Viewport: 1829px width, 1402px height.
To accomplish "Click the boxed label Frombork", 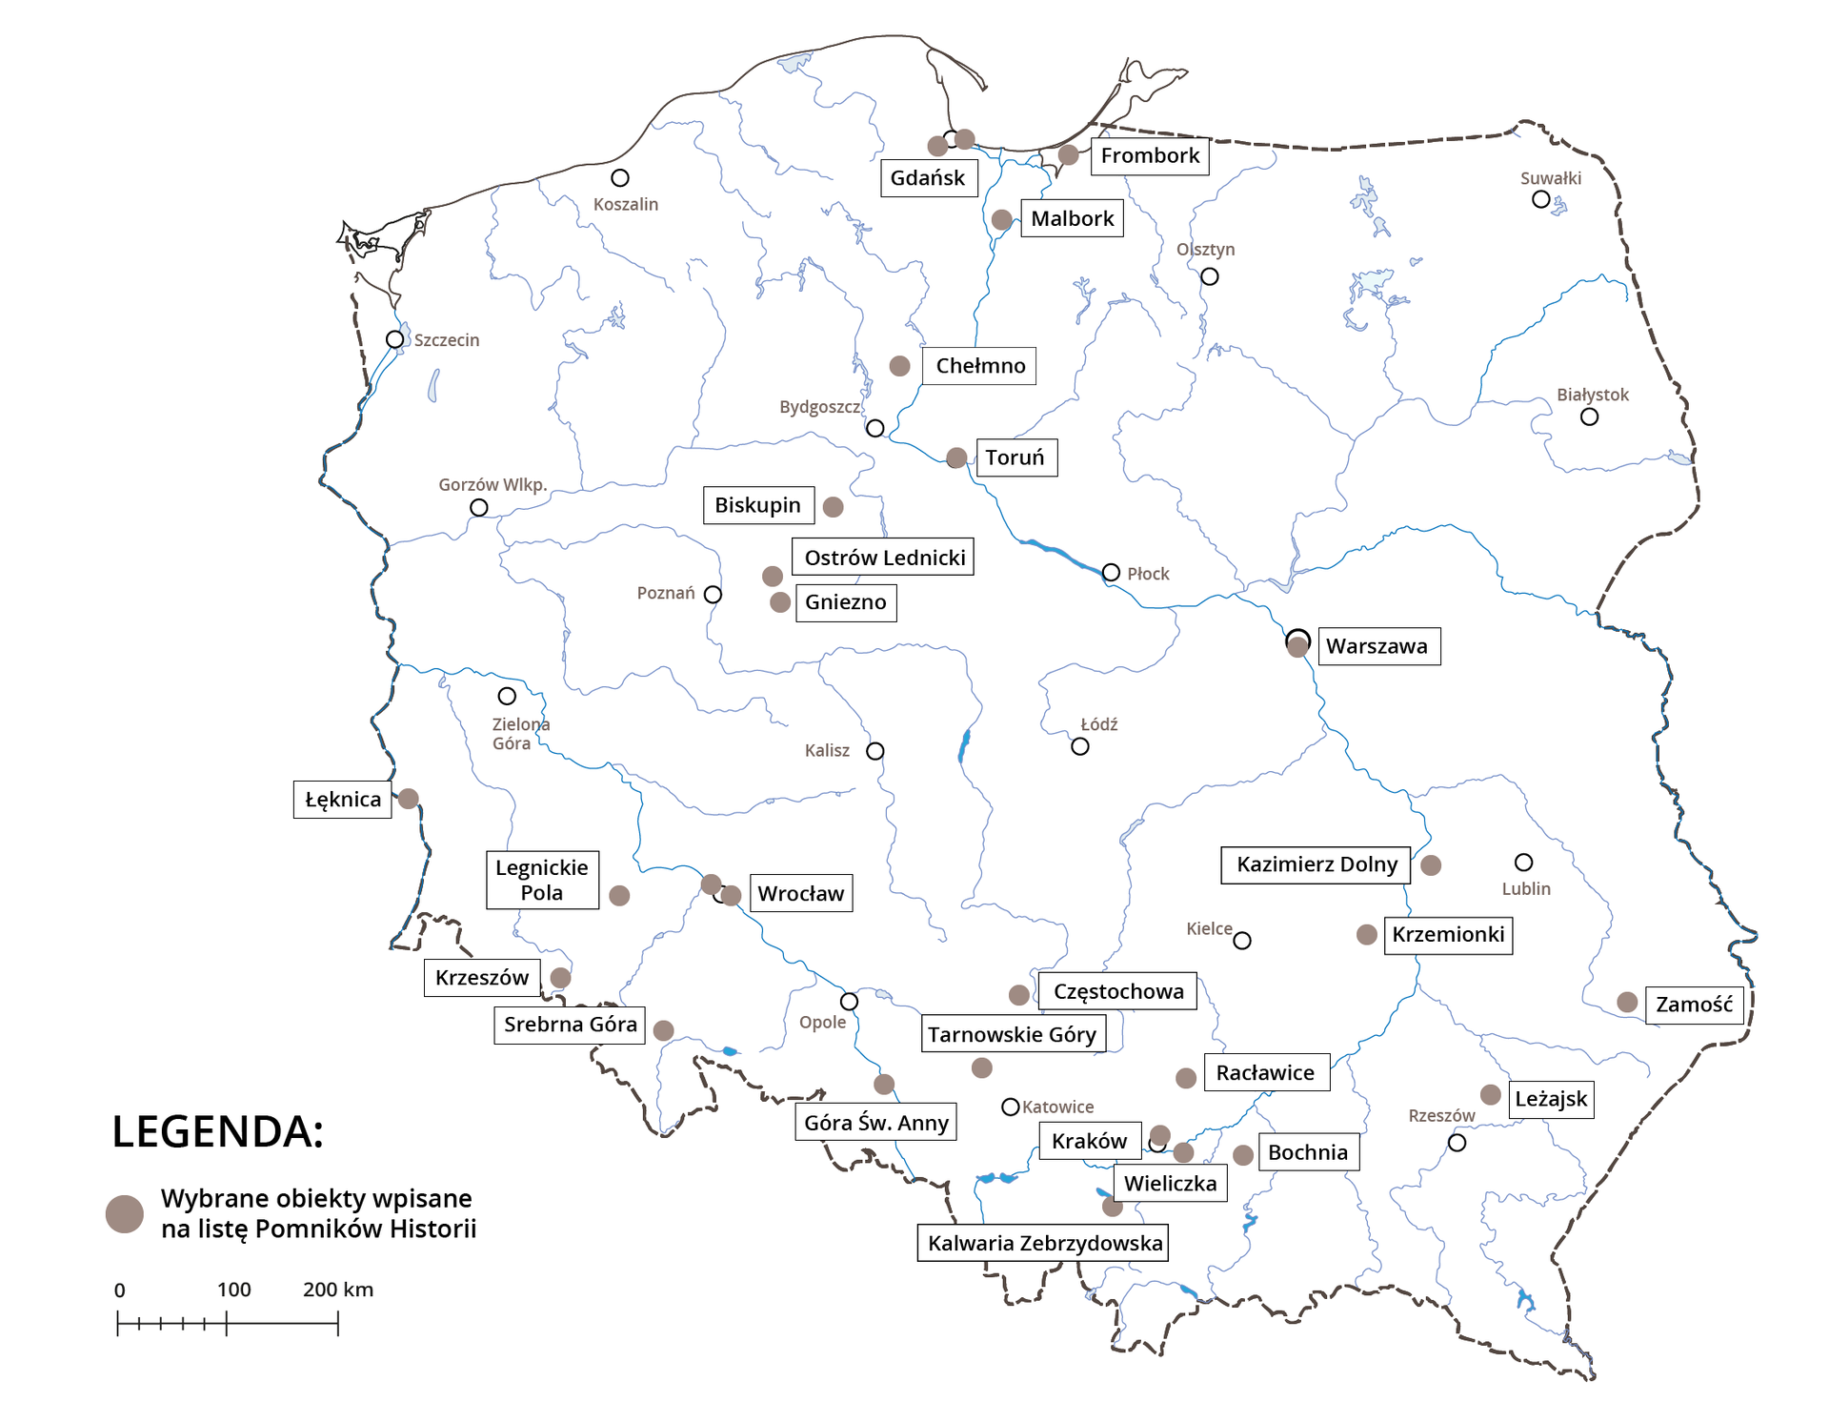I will click(x=1150, y=156).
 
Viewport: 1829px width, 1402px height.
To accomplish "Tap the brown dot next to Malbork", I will click(x=1001, y=219).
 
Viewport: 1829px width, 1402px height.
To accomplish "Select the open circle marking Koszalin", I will click(x=620, y=178).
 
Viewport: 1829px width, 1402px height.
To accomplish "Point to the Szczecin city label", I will click(x=446, y=340).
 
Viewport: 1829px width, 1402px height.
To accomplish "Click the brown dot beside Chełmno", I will click(x=899, y=366).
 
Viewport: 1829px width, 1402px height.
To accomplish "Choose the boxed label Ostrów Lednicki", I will click(x=883, y=558).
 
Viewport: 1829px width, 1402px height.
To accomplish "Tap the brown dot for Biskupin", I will click(x=834, y=507).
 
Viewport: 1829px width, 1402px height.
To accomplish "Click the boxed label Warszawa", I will click(x=1377, y=646).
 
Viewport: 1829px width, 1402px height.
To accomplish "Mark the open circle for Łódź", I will click(x=1079, y=746).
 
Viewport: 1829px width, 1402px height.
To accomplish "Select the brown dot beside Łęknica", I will click(x=408, y=799).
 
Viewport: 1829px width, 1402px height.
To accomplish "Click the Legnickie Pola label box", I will click(x=542, y=880).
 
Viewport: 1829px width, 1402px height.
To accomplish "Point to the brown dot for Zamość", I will click(x=1627, y=1003).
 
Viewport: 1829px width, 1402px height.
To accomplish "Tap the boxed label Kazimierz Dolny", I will click(x=1316, y=864).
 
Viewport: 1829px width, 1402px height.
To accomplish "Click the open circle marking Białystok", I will click(x=1589, y=417).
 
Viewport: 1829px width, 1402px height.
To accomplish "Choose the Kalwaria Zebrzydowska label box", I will click(x=1044, y=1243).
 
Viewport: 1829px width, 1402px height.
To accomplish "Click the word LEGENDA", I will click(x=218, y=1132).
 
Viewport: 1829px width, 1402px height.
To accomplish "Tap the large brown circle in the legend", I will click(x=125, y=1214).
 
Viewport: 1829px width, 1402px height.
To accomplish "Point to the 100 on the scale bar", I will click(x=233, y=1290).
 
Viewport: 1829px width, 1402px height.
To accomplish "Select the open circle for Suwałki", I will click(x=1540, y=199).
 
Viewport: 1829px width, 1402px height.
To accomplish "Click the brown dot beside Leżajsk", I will click(x=1491, y=1095).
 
